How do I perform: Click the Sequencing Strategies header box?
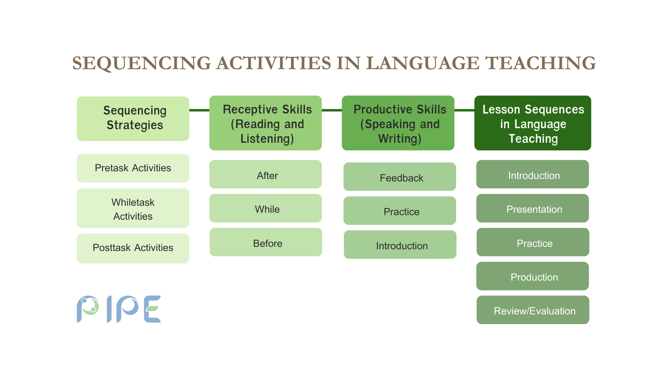(x=133, y=119)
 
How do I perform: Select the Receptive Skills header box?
(x=265, y=123)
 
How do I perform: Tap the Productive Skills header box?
(x=398, y=123)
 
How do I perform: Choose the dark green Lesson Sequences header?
(x=533, y=123)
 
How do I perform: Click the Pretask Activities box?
(x=133, y=168)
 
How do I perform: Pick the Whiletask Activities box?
(x=133, y=208)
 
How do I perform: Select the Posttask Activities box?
(x=133, y=248)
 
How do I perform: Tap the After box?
(x=265, y=174)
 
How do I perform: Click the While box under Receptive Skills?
(x=265, y=208)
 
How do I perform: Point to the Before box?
(x=266, y=242)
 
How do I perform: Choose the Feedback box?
(x=400, y=177)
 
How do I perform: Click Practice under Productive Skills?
(x=400, y=211)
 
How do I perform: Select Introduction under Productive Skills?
(x=400, y=244)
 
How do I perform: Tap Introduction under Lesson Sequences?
(x=533, y=174)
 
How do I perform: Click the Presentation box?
(x=533, y=208)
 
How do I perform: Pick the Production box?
(x=533, y=276)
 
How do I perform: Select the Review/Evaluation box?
(x=533, y=310)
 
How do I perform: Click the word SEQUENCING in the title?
(x=142, y=63)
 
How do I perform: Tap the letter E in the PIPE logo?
(x=152, y=309)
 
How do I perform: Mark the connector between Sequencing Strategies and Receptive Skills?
(x=199, y=110)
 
